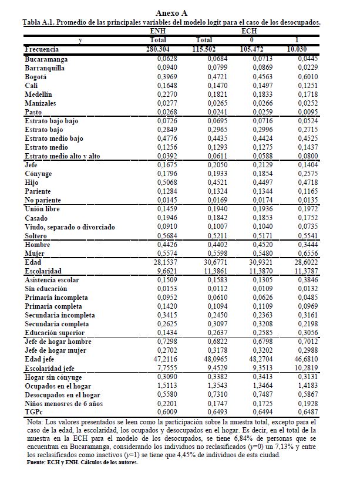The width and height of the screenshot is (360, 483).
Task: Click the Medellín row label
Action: [38, 94]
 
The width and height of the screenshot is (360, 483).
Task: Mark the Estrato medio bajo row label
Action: [53, 139]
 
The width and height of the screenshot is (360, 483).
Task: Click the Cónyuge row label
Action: [38, 174]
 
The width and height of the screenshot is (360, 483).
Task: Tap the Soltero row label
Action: [36, 236]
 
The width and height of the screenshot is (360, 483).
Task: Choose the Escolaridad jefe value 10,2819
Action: [306, 368]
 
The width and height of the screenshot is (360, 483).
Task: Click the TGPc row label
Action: [34, 413]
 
